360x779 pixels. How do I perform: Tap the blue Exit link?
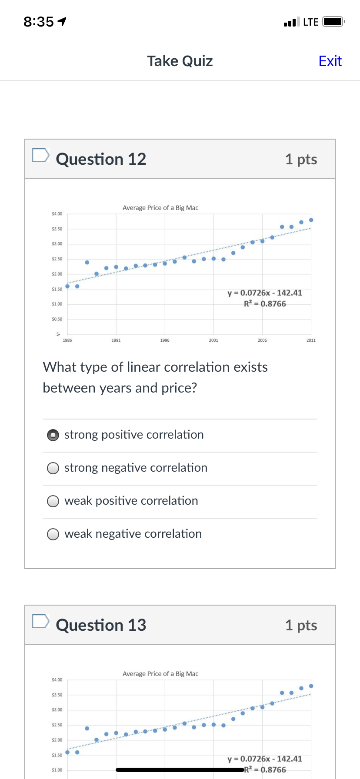point(330,61)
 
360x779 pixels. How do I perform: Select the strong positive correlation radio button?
point(53,435)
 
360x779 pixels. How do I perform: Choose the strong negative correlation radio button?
point(53,468)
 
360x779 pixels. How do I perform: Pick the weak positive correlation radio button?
point(53,501)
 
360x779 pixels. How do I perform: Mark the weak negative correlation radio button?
point(53,534)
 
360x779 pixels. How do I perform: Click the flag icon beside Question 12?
point(41,155)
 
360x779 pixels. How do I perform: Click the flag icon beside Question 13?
point(41,621)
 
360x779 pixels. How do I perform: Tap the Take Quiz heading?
point(180,61)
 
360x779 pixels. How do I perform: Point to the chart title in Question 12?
point(160,208)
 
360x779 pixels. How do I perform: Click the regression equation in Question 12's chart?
point(264,293)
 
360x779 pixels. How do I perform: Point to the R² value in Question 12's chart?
point(264,304)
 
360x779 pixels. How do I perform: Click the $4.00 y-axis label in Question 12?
point(57,214)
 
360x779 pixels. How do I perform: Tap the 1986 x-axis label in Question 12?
point(67,340)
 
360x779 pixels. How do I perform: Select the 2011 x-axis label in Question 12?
point(311,340)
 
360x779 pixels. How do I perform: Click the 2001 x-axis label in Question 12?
point(213,340)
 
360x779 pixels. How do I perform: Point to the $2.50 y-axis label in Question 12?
point(57,259)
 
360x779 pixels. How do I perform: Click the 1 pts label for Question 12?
point(301,160)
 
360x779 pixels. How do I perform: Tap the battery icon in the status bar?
point(333,22)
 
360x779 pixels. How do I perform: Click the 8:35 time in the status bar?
point(39,22)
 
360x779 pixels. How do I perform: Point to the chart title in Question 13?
point(160,674)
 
